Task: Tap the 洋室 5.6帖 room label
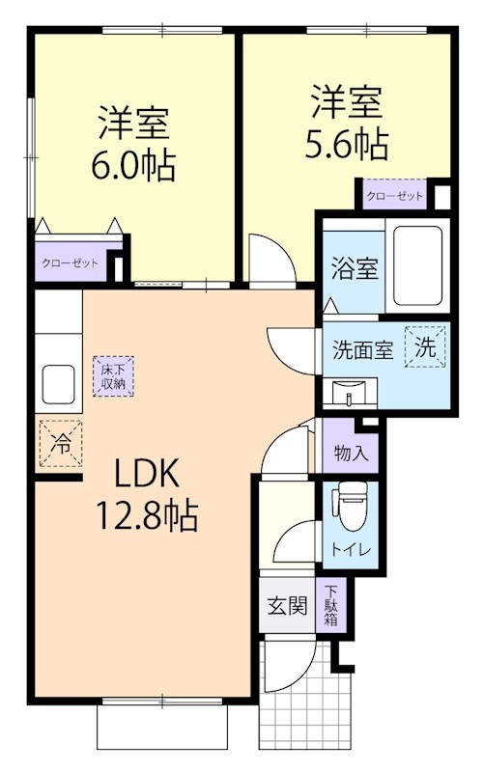348,122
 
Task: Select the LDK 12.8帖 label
144,494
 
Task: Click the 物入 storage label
349,451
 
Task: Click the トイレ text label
348,551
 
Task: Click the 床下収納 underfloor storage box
113,374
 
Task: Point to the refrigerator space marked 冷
60,444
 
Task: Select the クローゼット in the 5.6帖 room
394,196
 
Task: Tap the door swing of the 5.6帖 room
266,259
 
